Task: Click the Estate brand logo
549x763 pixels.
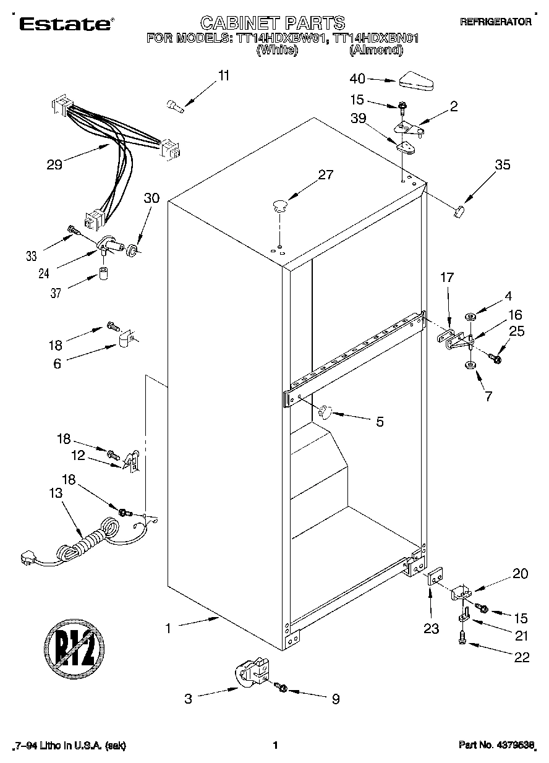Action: (x=65, y=23)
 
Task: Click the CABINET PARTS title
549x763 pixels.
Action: (x=273, y=23)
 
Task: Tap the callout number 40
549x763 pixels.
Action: (x=358, y=79)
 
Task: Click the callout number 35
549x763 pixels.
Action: (x=503, y=164)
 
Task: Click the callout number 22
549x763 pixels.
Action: (x=521, y=657)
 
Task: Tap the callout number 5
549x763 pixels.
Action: (x=380, y=422)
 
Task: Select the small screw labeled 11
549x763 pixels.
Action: (x=176, y=106)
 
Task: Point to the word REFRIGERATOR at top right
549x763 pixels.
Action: (x=495, y=21)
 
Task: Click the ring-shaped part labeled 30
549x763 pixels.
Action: (x=132, y=250)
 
